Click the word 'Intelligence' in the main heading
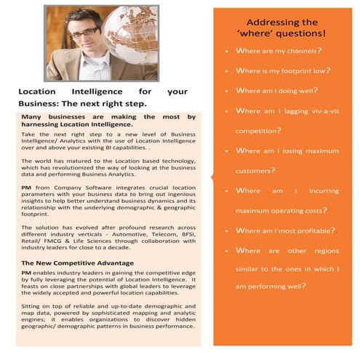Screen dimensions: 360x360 97,92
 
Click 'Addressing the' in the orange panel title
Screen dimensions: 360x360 282,23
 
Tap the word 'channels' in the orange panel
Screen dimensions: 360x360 301,52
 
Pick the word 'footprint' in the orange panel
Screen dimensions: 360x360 292,71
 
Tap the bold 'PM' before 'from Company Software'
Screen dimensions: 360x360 26,188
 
